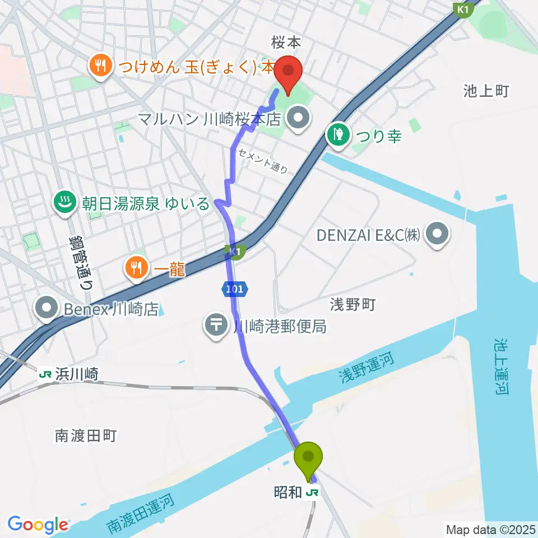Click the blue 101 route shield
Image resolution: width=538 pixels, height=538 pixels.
[x=234, y=289]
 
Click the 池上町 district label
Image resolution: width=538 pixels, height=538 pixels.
[x=486, y=91]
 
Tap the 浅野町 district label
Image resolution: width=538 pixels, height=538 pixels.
[x=352, y=305]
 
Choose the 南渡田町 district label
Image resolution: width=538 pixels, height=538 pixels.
[x=86, y=435]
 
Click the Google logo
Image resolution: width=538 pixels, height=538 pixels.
[x=38, y=525]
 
